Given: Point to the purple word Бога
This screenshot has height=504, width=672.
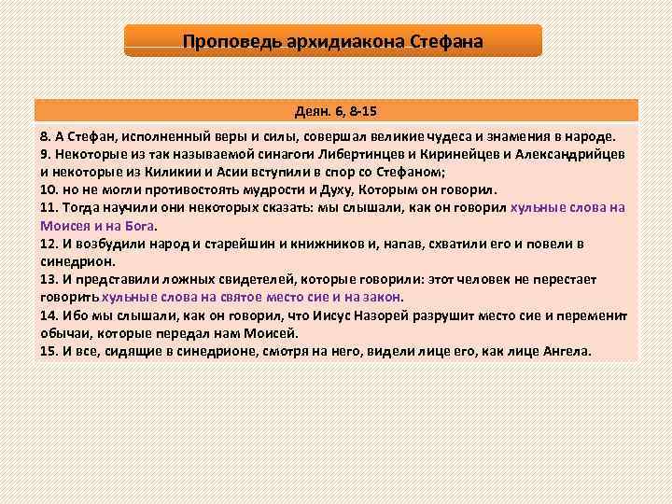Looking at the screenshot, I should pyautogui.click(x=142, y=226).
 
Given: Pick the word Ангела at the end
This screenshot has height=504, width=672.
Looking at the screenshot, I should pyautogui.click(x=567, y=351).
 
